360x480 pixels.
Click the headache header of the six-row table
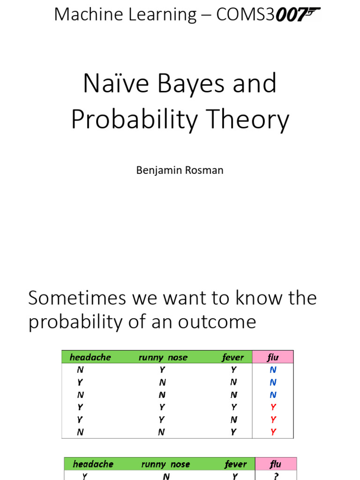coord(90,357)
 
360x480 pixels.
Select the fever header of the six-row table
coord(233,357)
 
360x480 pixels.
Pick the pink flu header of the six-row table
coord(273,357)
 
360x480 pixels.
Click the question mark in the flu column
coord(276,476)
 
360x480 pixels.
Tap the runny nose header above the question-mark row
coord(165,464)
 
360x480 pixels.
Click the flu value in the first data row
coord(273,370)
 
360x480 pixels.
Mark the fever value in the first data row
coord(233,370)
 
